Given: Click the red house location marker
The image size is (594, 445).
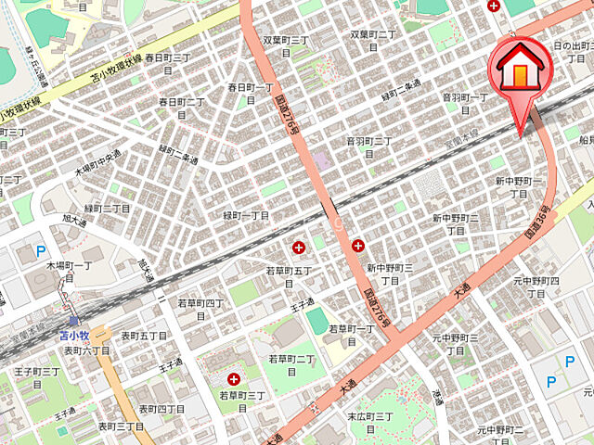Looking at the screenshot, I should [520, 70].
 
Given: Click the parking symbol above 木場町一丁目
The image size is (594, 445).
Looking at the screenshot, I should [40, 250].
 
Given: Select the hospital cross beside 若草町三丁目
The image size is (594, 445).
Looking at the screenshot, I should [233, 378].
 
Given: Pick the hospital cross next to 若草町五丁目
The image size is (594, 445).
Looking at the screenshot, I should [299, 247].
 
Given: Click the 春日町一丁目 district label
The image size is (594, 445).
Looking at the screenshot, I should [251, 94].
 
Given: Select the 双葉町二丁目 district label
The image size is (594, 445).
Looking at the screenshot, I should [373, 40].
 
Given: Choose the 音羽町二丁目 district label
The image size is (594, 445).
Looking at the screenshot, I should [369, 146].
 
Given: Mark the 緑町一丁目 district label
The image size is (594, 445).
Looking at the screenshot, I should [246, 215].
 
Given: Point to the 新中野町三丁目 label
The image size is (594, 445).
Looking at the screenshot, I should [390, 273].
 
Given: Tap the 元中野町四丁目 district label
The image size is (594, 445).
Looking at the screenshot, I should [537, 286].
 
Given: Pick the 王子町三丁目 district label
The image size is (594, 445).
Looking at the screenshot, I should [37, 376].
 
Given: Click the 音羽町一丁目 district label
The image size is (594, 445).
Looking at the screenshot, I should [465, 102].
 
